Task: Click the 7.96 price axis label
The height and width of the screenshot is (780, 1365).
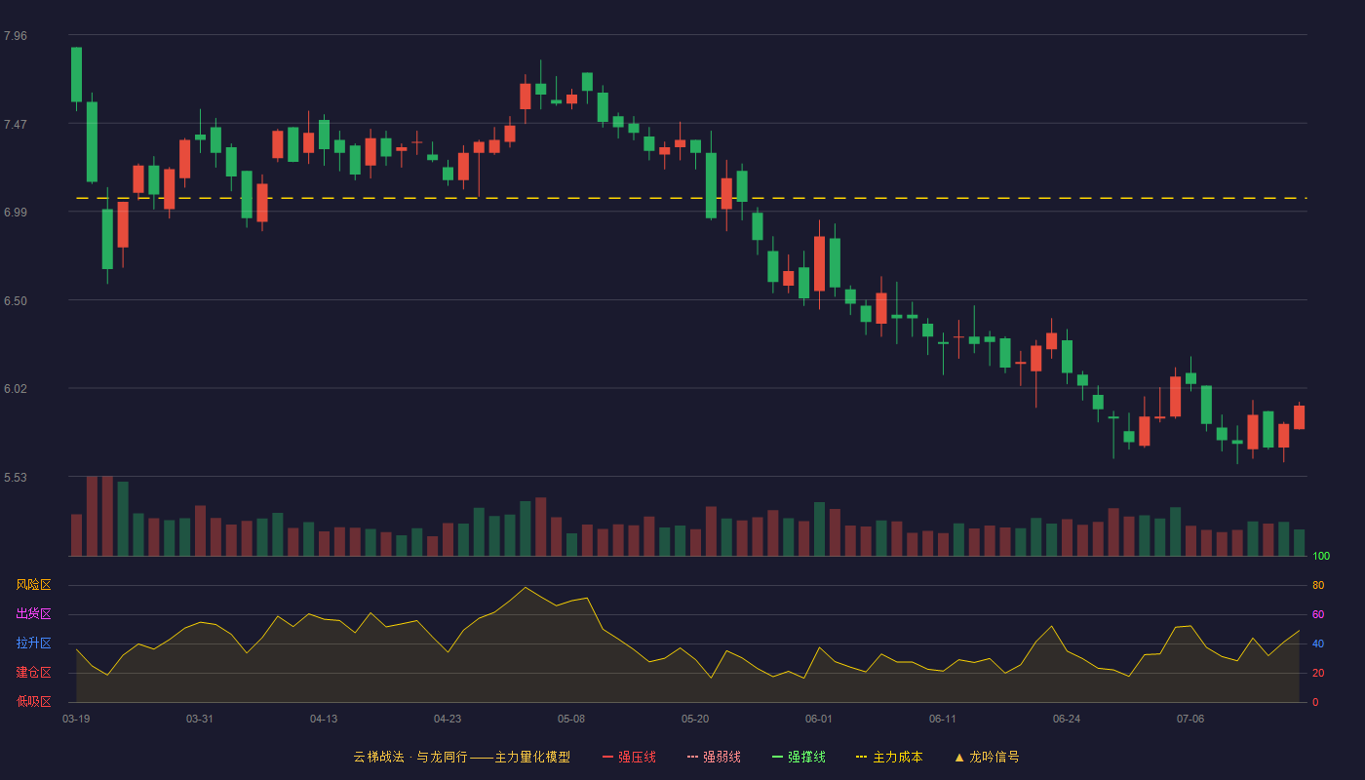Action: (x=16, y=36)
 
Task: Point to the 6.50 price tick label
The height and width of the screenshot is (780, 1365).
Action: (x=16, y=301)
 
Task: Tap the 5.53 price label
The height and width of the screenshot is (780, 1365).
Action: (x=16, y=478)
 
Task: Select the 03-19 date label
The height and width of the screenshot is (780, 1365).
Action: (x=76, y=720)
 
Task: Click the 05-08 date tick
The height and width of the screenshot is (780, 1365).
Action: (x=571, y=720)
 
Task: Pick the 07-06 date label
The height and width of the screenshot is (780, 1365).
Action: (x=1190, y=720)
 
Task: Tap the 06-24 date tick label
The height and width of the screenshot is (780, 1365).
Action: (x=1067, y=720)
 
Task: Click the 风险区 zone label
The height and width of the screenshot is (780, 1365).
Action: (x=33, y=585)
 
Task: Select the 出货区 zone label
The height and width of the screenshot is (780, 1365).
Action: (x=33, y=613)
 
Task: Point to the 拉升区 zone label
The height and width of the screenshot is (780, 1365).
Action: (x=33, y=643)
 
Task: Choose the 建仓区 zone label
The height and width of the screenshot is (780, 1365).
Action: (x=33, y=672)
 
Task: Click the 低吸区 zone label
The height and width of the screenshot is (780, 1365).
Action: (x=33, y=701)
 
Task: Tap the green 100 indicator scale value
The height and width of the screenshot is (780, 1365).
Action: (x=1321, y=556)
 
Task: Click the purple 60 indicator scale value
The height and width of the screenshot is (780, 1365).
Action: (x=1318, y=614)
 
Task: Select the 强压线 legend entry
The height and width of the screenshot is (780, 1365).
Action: (x=629, y=757)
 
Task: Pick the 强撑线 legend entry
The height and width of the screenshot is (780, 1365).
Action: (x=799, y=757)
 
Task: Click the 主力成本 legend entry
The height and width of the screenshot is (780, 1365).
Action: (x=889, y=757)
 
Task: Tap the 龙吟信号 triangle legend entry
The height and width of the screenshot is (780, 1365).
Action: (x=987, y=757)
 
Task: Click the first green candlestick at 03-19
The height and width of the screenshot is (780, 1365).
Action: (x=76, y=74)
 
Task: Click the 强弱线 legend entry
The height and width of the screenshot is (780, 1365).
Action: (x=714, y=757)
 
